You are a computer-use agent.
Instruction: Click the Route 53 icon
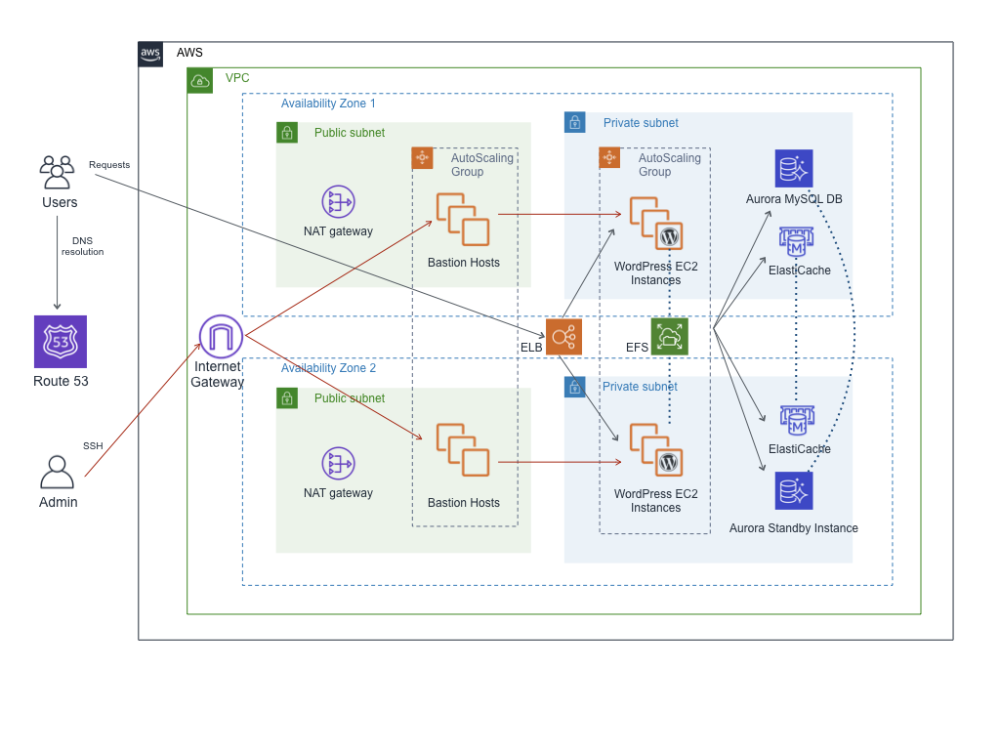tap(61, 342)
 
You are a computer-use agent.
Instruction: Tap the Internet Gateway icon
tap(221, 337)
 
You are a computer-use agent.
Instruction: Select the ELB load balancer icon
tap(563, 337)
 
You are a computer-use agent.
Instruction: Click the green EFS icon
tap(670, 337)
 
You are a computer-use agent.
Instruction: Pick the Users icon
tap(57, 172)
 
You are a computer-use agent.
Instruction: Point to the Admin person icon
tap(57, 473)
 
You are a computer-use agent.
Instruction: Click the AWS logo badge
tap(150, 54)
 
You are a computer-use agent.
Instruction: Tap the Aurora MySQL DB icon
tap(794, 168)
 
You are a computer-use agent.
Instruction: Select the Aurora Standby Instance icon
tap(794, 490)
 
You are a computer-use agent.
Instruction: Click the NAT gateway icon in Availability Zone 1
tap(338, 202)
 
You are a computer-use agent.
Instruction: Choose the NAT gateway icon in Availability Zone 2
tap(338, 463)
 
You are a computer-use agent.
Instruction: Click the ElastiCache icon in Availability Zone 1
tap(797, 243)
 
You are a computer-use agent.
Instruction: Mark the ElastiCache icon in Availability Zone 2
tap(797, 421)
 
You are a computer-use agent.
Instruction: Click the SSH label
tap(93, 446)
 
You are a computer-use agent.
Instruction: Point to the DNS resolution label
tap(82, 246)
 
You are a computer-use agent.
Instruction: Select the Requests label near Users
tap(109, 165)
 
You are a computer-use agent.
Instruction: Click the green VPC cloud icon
tap(199, 81)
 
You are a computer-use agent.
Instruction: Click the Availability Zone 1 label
tap(328, 104)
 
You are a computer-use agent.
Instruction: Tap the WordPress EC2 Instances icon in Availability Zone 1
tap(656, 224)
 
